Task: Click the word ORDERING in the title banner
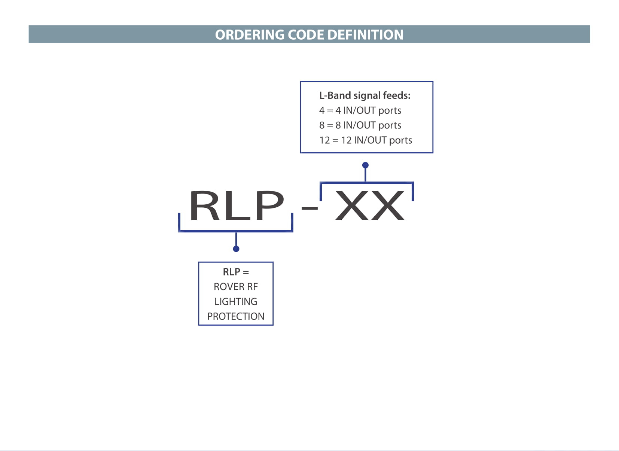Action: [250, 35]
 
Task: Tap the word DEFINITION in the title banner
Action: [365, 35]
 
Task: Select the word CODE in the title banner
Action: [306, 35]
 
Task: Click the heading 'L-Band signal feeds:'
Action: [365, 95]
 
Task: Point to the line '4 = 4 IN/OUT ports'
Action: [360, 110]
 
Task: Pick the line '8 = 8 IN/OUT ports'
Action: [360, 125]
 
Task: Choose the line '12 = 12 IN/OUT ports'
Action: [366, 140]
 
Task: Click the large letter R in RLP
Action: [205, 205]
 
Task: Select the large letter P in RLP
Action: [270, 205]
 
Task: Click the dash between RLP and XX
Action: [309, 208]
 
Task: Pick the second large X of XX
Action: [387, 205]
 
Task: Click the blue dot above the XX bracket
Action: [365, 165]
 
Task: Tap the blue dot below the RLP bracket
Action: [236, 249]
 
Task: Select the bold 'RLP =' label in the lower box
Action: [236, 272]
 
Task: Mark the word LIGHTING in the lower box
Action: [236, 302]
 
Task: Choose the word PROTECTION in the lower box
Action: [236, 316]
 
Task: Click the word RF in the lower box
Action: [252, 287]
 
